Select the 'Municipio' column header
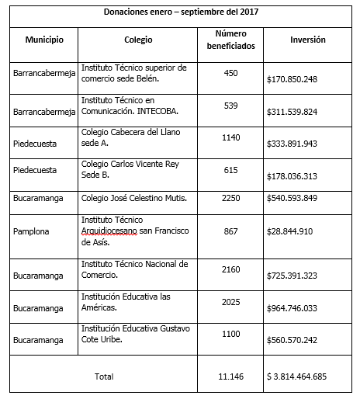tap(44, 40)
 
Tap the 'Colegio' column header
tap(138, 40)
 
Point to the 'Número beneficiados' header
tap(230, 40)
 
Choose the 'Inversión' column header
tap(307, 40)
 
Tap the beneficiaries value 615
tap(230, 169)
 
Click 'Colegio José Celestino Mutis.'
tap(133, 199)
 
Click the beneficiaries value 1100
tap(230, 332)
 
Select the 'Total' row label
tap(102, 376)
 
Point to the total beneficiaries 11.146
tap(230, 376)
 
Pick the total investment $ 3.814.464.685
tap(306, 376)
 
